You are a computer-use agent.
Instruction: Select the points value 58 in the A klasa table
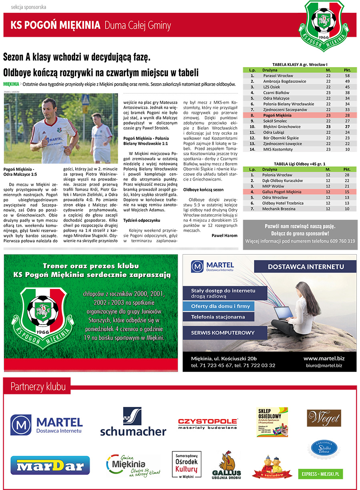coord(347,76)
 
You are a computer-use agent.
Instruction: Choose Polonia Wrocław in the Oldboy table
coord(277,175)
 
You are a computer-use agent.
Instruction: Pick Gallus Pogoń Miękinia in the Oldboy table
coord(282,192)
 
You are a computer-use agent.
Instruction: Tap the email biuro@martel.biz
coord(324,365)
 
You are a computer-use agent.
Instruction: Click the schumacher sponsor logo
coord(133,422)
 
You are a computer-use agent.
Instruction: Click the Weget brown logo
coord(324,418)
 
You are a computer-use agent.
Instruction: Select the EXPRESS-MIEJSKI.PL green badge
coord(320,474)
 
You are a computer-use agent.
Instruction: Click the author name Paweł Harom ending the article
coord(224,235)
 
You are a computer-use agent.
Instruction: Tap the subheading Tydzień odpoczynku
coord(142,220)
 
